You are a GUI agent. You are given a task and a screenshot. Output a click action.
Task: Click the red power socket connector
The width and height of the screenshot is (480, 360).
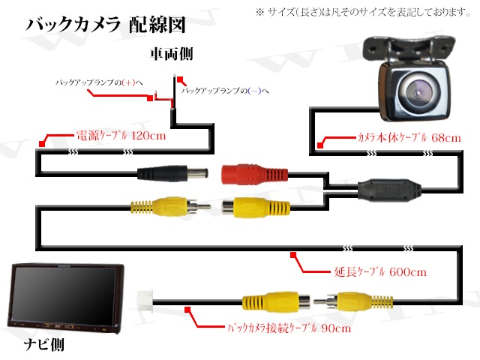pos(250,173)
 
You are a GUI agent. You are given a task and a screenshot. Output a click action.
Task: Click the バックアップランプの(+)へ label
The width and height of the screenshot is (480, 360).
pos(102,82)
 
